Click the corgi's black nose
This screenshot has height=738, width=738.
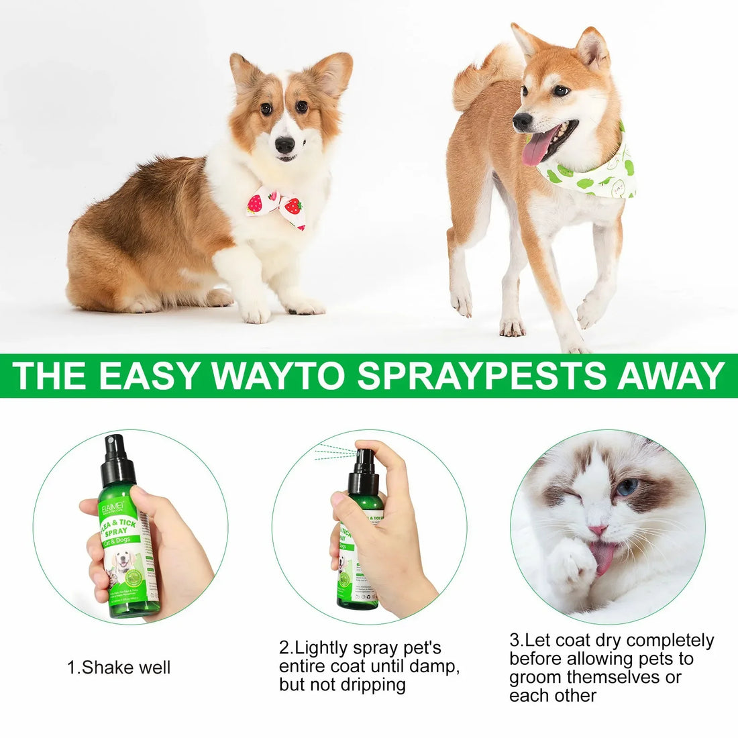click(x=284, y=144)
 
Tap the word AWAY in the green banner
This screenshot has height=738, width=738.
click(x=671, y=376)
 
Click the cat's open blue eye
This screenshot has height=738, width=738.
click(x=627, y=488)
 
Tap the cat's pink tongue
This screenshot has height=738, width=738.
click(x=604, y=557)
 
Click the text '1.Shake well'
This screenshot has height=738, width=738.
click(x=119, y=668)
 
